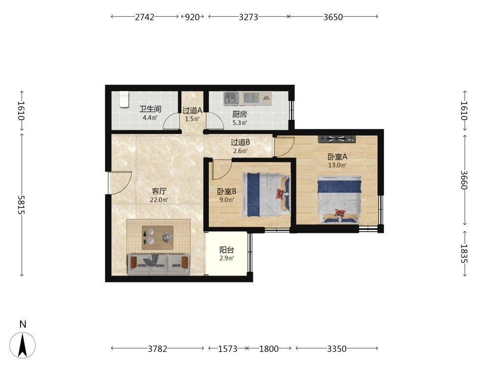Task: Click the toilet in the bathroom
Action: tap(124, 99)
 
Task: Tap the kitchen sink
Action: tap(231, 98)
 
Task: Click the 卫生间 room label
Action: tap(150, 109)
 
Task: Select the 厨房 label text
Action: tap(240, 115)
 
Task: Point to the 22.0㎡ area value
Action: tap(159, 200)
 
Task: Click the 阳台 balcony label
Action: tap(227, 250)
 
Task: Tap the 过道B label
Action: tap(240, 142)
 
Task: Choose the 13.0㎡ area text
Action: tap(337, 165)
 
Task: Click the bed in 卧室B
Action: tap(266, 195)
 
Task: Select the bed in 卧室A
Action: tap(339, 200)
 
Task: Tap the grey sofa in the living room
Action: tap(159, 265)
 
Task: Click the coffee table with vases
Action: tap(157, 237)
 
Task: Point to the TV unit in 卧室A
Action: tap(337, 139)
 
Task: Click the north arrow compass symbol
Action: tap(22, 345)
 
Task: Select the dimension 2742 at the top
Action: tap(144, 17)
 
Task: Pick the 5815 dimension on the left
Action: tap(21, 205)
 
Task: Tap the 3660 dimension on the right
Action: tap(464, 180)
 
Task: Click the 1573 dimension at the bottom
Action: tap(228, 348)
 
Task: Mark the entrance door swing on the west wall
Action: tap(120, 183)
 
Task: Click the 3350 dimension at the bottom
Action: tap(337, 348)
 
